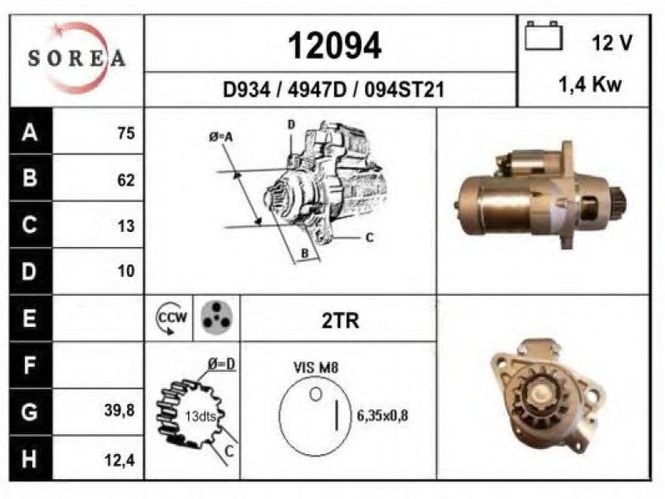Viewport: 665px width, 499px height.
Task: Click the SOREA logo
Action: tap(76, 58)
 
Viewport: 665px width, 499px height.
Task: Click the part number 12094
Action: tap(335, 46)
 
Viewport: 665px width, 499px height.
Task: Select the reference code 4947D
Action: tap(317, 90)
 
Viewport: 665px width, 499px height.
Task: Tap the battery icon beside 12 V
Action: tap(544, 36)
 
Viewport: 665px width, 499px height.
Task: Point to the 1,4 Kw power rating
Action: tap(590, 85)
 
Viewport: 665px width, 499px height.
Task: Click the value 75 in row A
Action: tap(126, 133)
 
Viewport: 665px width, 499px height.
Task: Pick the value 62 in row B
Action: tap(126, 180)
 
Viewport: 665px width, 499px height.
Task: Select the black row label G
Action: tap(30, 413)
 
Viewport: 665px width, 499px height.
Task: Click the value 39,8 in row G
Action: tap(119, 410)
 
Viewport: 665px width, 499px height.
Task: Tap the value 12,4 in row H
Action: tap(119, 460)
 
